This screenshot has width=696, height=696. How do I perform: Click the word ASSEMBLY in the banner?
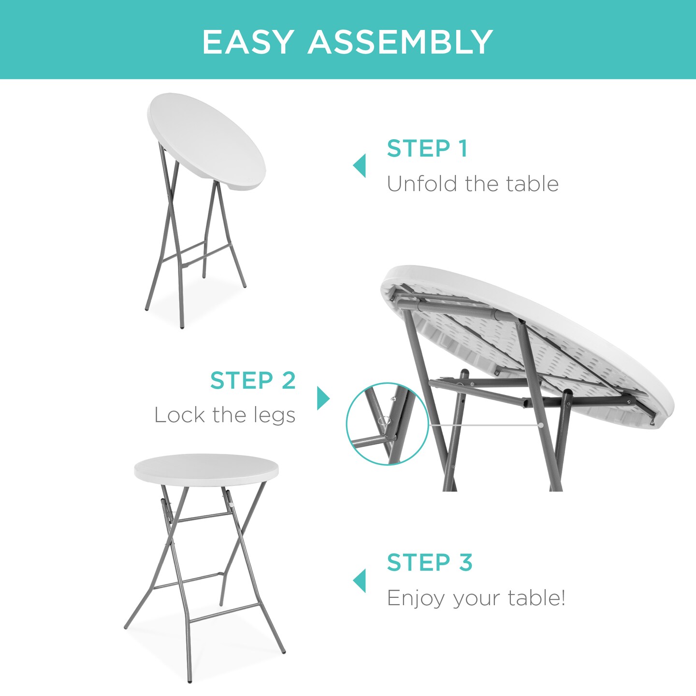pos(400,42)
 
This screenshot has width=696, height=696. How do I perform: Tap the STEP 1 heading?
pos(427,148)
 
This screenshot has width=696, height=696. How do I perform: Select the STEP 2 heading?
pos(253,381)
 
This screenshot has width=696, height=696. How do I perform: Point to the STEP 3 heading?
pos(429,563)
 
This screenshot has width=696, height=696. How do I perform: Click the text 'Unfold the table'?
pos(472,184)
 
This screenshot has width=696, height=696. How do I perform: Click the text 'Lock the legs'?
pos(225,415)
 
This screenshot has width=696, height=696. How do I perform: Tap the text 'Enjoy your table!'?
pos(476,598)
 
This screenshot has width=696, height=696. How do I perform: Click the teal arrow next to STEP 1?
pos(360,166)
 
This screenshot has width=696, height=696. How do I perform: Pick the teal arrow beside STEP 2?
pos(323,398)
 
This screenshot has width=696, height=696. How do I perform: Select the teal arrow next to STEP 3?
pos(360,580)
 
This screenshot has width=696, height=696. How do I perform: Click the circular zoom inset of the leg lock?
pos(387,424)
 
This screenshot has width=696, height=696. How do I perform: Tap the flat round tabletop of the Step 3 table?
pos(206,468)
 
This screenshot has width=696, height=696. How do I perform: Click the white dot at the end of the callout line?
pos(541,425)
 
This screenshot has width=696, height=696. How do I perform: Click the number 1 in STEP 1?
pos(463,148)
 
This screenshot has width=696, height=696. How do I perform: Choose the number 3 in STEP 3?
pos(465,563)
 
